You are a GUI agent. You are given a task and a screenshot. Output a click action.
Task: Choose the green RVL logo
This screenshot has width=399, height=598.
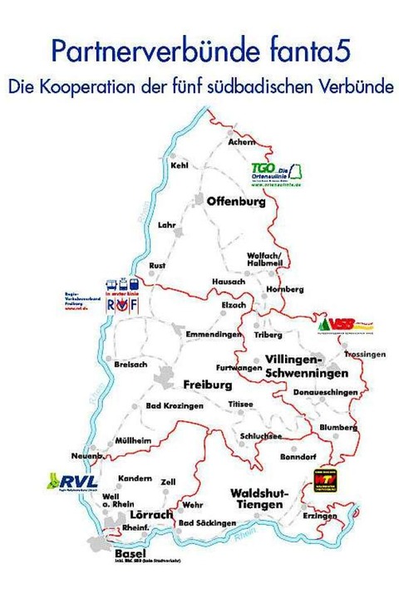click(x=74, y=483)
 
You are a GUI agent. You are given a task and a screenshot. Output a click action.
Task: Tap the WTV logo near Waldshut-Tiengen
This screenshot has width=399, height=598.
click(x=326, y=482)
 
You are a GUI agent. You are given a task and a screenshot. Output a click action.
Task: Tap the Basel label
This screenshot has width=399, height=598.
click(x=131, y=554)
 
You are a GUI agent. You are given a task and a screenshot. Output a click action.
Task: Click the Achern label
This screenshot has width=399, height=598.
click(x=241, y=143)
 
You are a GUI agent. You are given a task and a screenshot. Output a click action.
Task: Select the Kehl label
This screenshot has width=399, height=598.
click(x=180, y=165)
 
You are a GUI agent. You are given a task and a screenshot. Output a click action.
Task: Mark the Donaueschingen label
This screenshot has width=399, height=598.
click(x=331, y=391)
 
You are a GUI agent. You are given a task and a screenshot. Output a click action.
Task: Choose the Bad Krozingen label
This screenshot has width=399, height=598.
click(x=175, y=406)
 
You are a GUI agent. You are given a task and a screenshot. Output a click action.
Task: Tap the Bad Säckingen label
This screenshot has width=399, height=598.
click(x=208, y=524)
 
